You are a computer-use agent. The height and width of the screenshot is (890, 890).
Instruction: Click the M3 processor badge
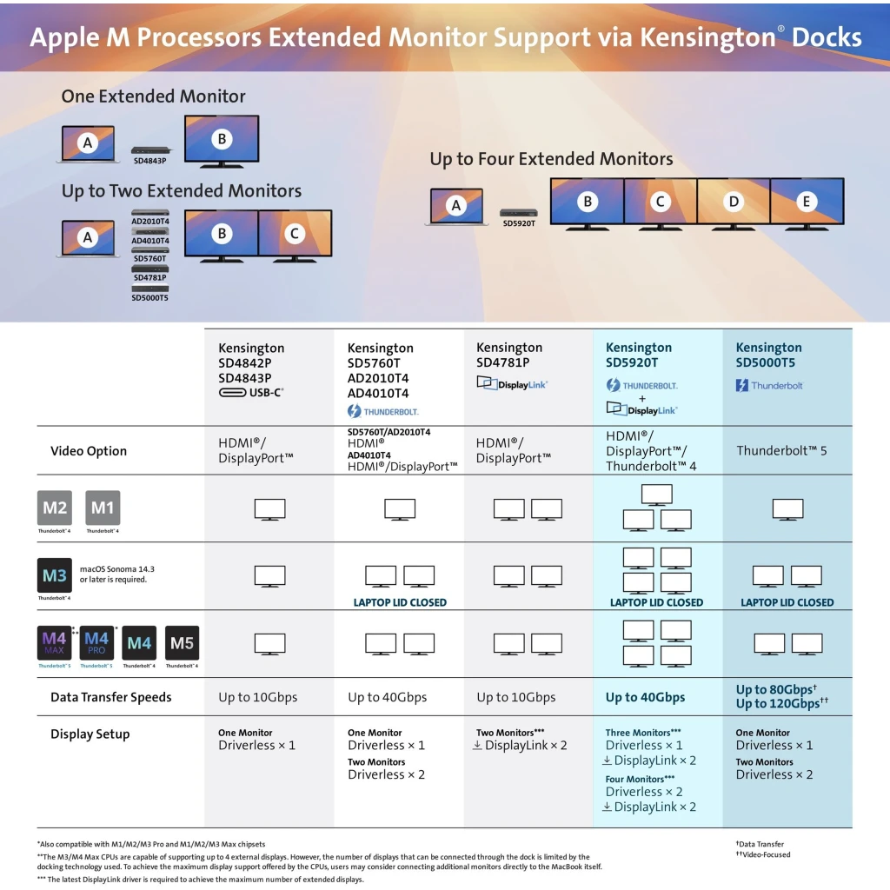point(55,575)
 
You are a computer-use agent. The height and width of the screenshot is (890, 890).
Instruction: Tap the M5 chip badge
point(183,643)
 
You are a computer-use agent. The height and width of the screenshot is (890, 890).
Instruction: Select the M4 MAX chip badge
point(55,643)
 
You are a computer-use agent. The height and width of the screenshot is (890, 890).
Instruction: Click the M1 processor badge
point(103,508)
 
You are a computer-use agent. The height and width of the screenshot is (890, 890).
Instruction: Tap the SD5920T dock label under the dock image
point(519,223)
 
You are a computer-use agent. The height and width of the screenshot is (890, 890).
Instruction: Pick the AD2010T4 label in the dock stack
point(150,222)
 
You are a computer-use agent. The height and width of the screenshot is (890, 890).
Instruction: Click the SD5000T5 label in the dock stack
point(149,298)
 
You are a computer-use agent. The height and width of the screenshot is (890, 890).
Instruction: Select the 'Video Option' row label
point(89,451)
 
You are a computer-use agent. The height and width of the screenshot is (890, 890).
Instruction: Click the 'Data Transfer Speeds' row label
point(110,697)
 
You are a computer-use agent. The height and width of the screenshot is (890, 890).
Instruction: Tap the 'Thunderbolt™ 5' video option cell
point(781,451)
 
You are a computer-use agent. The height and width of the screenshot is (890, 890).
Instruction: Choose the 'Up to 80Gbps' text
point(774,689)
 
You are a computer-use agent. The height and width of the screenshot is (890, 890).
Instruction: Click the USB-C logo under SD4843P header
point(251,392)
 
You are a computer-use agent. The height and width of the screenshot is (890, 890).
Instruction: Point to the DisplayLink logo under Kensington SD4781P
point(512,384)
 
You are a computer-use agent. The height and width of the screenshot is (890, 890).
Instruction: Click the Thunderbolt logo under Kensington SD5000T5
point(769,385)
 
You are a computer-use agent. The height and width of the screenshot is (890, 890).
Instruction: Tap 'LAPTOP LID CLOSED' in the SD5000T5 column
point(787,603)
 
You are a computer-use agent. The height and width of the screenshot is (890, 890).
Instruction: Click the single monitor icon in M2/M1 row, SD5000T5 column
point(787,509)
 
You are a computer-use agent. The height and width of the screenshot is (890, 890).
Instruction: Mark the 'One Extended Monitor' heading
point(153,96)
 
